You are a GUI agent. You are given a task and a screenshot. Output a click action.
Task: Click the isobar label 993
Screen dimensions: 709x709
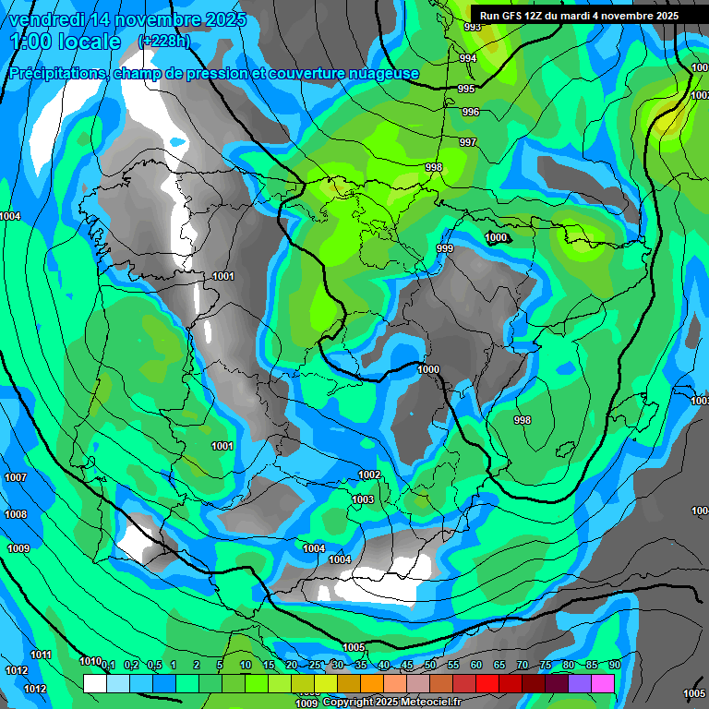click(x=472, y=27)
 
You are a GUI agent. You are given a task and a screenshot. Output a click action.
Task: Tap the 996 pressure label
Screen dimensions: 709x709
click(x=471, y=112)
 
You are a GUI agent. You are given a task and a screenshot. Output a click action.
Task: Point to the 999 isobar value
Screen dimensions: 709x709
click(x=445, y=248)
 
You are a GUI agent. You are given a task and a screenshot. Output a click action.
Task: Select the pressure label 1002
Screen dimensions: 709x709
click(x=369, y=475)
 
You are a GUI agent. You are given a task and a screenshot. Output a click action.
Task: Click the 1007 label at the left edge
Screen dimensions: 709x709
click(x=16, y=477)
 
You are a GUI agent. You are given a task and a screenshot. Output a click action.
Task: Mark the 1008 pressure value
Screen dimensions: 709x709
click(x=16, y=514)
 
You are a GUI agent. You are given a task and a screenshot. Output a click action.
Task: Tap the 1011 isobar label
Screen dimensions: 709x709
click(x=41, y=655)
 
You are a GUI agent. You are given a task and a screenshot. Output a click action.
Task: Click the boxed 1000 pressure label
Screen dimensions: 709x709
click(x=497, y=237)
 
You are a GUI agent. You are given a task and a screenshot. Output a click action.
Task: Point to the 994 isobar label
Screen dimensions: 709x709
click(x=468, y=58)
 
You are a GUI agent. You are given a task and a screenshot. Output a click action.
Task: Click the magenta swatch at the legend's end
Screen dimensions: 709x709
click(x=603, y=683)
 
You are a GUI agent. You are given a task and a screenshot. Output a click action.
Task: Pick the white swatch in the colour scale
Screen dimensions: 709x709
click(x=94, y=683)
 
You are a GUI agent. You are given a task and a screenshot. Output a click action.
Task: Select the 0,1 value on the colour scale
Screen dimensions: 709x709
click(x=108, y=666)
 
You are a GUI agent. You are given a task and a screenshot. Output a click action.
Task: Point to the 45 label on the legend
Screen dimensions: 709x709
click(x=407, y=666)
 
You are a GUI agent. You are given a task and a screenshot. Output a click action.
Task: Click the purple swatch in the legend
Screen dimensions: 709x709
click(x=580, y=683)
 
